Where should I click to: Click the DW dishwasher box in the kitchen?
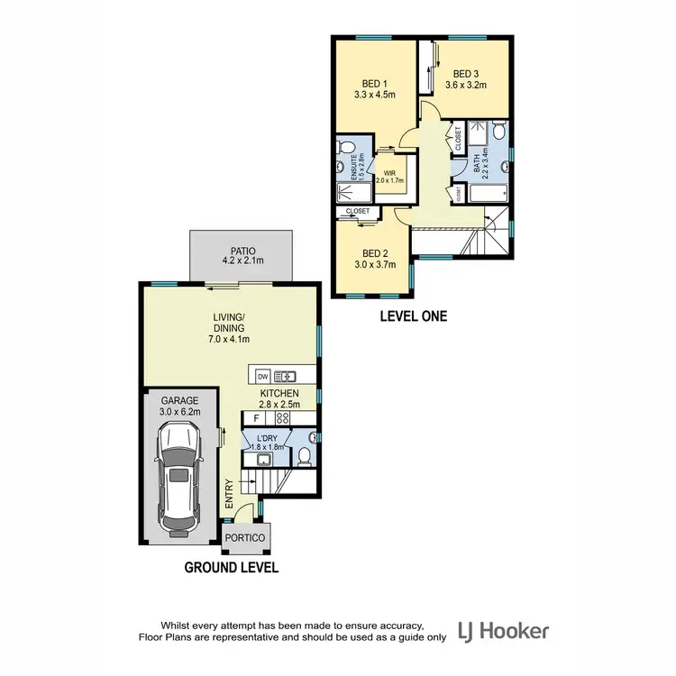[262, 376]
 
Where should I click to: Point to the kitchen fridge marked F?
[256, 418]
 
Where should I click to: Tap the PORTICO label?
[245, 538]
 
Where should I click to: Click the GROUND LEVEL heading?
[231, 568]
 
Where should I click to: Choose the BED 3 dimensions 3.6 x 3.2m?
[465, 86]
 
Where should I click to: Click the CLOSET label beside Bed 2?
[358, 211]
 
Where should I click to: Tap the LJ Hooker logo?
[503, 630]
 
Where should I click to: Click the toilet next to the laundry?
[305, 457]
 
